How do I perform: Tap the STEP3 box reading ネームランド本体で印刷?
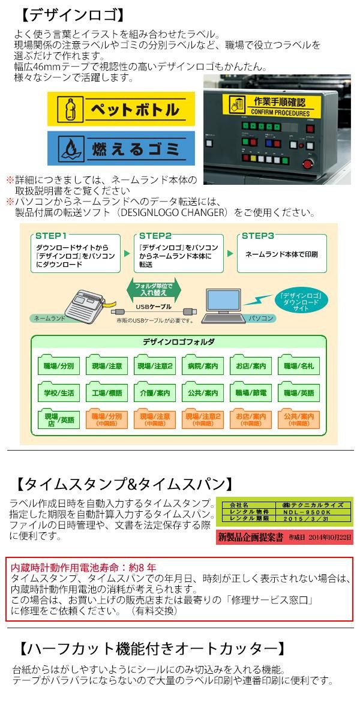point(281,254)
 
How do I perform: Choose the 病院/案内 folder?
point(202,365)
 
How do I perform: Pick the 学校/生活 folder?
point(59,394)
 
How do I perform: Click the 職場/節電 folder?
point(250,394)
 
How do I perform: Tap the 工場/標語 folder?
point(107,394)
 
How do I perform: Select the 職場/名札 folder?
point(298,365)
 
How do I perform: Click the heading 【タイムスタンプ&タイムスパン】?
point(123,484)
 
